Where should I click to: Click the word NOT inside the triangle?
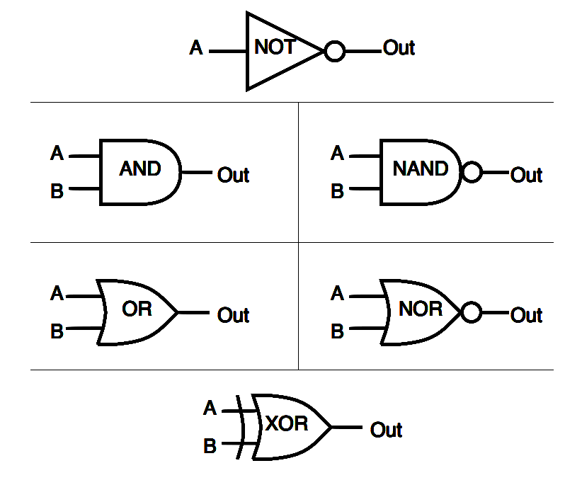tap(275, 48)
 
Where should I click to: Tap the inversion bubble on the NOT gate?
tap(334, 51)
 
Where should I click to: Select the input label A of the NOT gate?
tap(196, 49)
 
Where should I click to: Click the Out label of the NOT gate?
tap(399, 48)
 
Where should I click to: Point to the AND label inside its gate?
tap(139, 169)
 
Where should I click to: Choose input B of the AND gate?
tap(57, 191)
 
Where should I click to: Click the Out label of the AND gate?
tap(233, 175)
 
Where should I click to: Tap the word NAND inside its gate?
tap(421, 169)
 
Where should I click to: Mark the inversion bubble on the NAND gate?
tap(471, 172)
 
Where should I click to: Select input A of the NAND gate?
tap(338, 154)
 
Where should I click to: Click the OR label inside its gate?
tap(137, 309)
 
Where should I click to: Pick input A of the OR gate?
tap(57, 293)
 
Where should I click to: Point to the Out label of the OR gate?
tap(233, 315)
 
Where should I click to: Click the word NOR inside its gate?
tap(421, 309)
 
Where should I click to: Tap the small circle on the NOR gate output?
tap(471, 312)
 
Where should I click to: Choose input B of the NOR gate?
tap(338, 331)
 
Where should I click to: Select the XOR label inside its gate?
tap(287, 424)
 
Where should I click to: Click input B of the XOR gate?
tap(210, 447)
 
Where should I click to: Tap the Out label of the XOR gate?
tap(386, 430)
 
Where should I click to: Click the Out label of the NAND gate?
tap(526, 175)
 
